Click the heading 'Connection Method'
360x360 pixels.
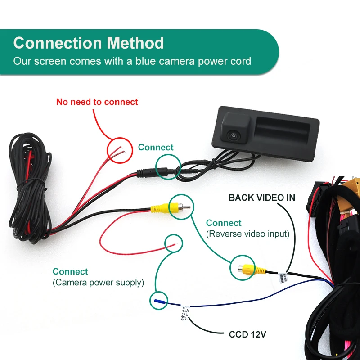click(x=89, y=43)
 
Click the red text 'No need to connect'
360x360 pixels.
click(x=97, y=102)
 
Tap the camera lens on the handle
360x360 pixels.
click(x=234, y=135)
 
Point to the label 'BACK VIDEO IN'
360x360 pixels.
click(x=262, y=197)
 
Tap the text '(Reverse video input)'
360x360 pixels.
click(x=247, y=234)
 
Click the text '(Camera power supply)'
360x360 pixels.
click(x=98, y=283)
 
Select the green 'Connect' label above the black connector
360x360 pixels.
click(x=156, y=147)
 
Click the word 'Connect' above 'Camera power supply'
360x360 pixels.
click(x=70, y=271)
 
